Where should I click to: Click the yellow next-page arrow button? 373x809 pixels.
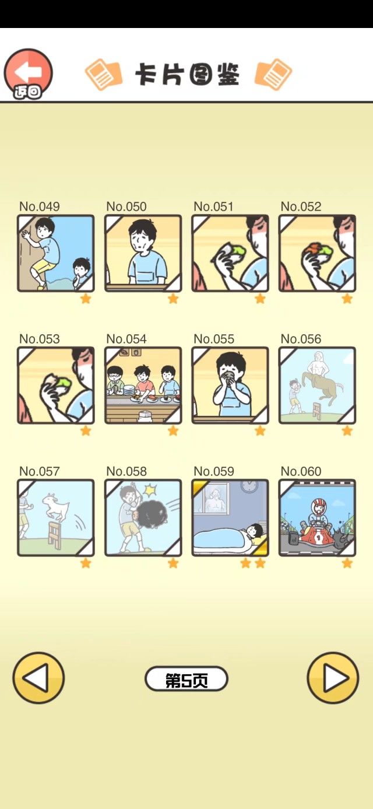click(x=333, y=678)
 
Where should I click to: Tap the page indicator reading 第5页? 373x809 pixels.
click(x=186, y=680)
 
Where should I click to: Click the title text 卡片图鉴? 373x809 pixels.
click(x=187, y=75)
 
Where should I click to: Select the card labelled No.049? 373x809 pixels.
click(x=55, y=253)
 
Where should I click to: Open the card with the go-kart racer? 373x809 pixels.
click(x=317, y=518)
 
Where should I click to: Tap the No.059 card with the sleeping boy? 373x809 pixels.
click(x=230, y=518)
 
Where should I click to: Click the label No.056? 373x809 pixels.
click(x=301, y=339)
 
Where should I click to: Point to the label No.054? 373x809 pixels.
click(x=126, y=339)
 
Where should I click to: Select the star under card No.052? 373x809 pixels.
click(x=347, y=299)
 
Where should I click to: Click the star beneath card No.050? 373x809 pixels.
click(x=173, y=299)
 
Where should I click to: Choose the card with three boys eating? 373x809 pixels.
click(x=143, y=386)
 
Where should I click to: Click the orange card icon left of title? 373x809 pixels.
click(x=103, y=74)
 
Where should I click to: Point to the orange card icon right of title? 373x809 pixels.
click(x=273, y=74)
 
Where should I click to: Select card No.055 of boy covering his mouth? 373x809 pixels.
click(x=230, y=386)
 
